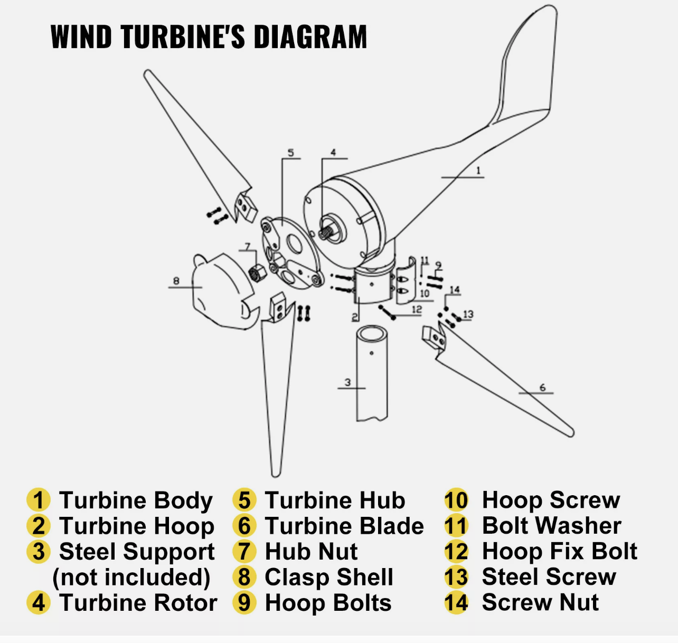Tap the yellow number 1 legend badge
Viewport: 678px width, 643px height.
38,500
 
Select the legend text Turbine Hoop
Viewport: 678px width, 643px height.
136,526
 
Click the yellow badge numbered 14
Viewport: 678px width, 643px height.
456,602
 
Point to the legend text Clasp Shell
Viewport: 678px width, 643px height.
328,577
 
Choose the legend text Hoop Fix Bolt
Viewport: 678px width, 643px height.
559,551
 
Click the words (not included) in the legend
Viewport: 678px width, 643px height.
131,577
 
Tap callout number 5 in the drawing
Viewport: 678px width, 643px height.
290,153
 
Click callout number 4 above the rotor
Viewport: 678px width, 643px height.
333,153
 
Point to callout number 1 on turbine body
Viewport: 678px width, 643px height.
478,171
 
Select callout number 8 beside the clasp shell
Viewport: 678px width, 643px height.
176,281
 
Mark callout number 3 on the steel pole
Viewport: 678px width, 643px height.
347,382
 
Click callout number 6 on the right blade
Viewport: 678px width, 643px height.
542,388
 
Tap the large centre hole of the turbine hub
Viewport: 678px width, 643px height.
294,243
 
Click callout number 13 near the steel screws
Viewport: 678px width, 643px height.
468,315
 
